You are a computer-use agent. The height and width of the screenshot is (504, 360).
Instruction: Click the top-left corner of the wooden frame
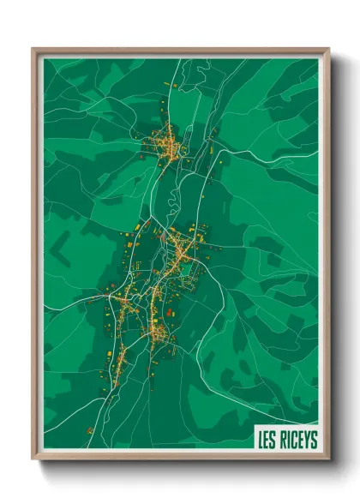(33, 49)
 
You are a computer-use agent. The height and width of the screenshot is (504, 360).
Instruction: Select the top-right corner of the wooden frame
(329, 49)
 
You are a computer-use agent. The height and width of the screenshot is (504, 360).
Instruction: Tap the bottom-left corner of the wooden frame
(33, 459)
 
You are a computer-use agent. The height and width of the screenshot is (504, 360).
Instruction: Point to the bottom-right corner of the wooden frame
(329, 459)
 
